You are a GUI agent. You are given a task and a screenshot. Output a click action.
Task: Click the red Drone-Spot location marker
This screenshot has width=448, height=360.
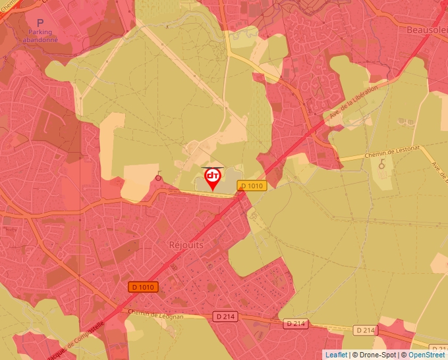pos(213,178)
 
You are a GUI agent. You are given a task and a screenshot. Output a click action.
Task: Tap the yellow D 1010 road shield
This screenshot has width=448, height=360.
pos(252,186)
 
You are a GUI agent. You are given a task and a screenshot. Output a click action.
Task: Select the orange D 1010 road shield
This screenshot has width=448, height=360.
pos(143,287)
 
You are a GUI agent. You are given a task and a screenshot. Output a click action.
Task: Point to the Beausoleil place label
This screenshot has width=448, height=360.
pos(428,30)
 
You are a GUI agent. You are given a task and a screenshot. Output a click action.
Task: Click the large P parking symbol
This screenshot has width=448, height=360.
pos(40,23)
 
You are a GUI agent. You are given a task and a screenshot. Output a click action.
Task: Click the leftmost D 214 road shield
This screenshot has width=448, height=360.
pos(225,317)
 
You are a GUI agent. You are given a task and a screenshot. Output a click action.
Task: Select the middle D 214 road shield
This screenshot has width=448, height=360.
pos(296,323)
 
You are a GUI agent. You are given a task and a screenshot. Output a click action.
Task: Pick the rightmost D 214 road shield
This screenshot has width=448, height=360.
pos(366,330)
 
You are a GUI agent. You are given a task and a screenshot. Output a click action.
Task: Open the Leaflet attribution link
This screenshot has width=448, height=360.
pos(336,355)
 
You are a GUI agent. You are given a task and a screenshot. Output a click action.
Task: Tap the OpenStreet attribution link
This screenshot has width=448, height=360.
pos(427,355)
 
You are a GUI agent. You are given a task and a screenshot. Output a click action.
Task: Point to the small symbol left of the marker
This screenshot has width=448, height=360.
pos(158,176)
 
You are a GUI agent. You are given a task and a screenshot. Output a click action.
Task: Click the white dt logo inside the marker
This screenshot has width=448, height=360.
pos(213,176)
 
